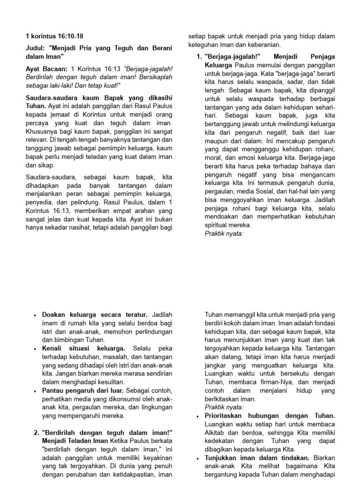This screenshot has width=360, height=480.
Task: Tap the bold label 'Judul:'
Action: (x=35, y=48)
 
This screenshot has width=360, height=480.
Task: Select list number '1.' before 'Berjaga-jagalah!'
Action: (x=199, y=57)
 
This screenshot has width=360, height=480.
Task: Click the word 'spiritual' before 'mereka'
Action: (x=217, y=225)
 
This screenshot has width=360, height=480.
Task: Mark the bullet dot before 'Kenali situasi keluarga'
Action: (x=35, y=349)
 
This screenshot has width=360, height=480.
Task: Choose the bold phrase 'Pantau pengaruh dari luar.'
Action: (x=83, y=390)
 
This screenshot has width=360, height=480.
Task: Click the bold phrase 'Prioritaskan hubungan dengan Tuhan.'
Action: (x=270, y=416)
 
